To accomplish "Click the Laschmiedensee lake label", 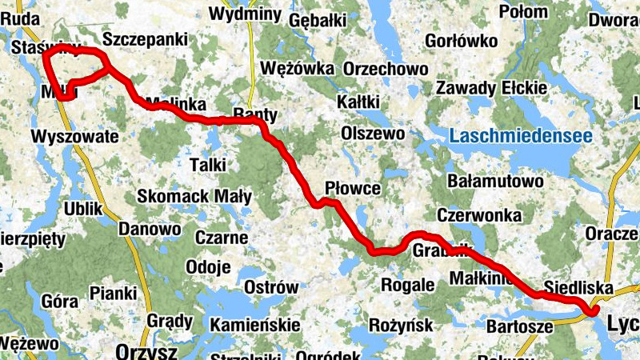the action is (521, 136).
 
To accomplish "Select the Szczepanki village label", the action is (146, 39).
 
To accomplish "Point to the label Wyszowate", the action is (74, 135).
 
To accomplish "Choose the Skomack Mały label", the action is (194, 196).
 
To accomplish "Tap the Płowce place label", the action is (353, 188).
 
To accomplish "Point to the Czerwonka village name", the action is (479, 215).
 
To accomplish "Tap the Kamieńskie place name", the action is (254, 325).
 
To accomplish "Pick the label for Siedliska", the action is (578, 287).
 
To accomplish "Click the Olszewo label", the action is (373, 132).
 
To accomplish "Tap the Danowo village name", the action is (150, 229).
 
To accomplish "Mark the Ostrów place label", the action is (270, 287).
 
